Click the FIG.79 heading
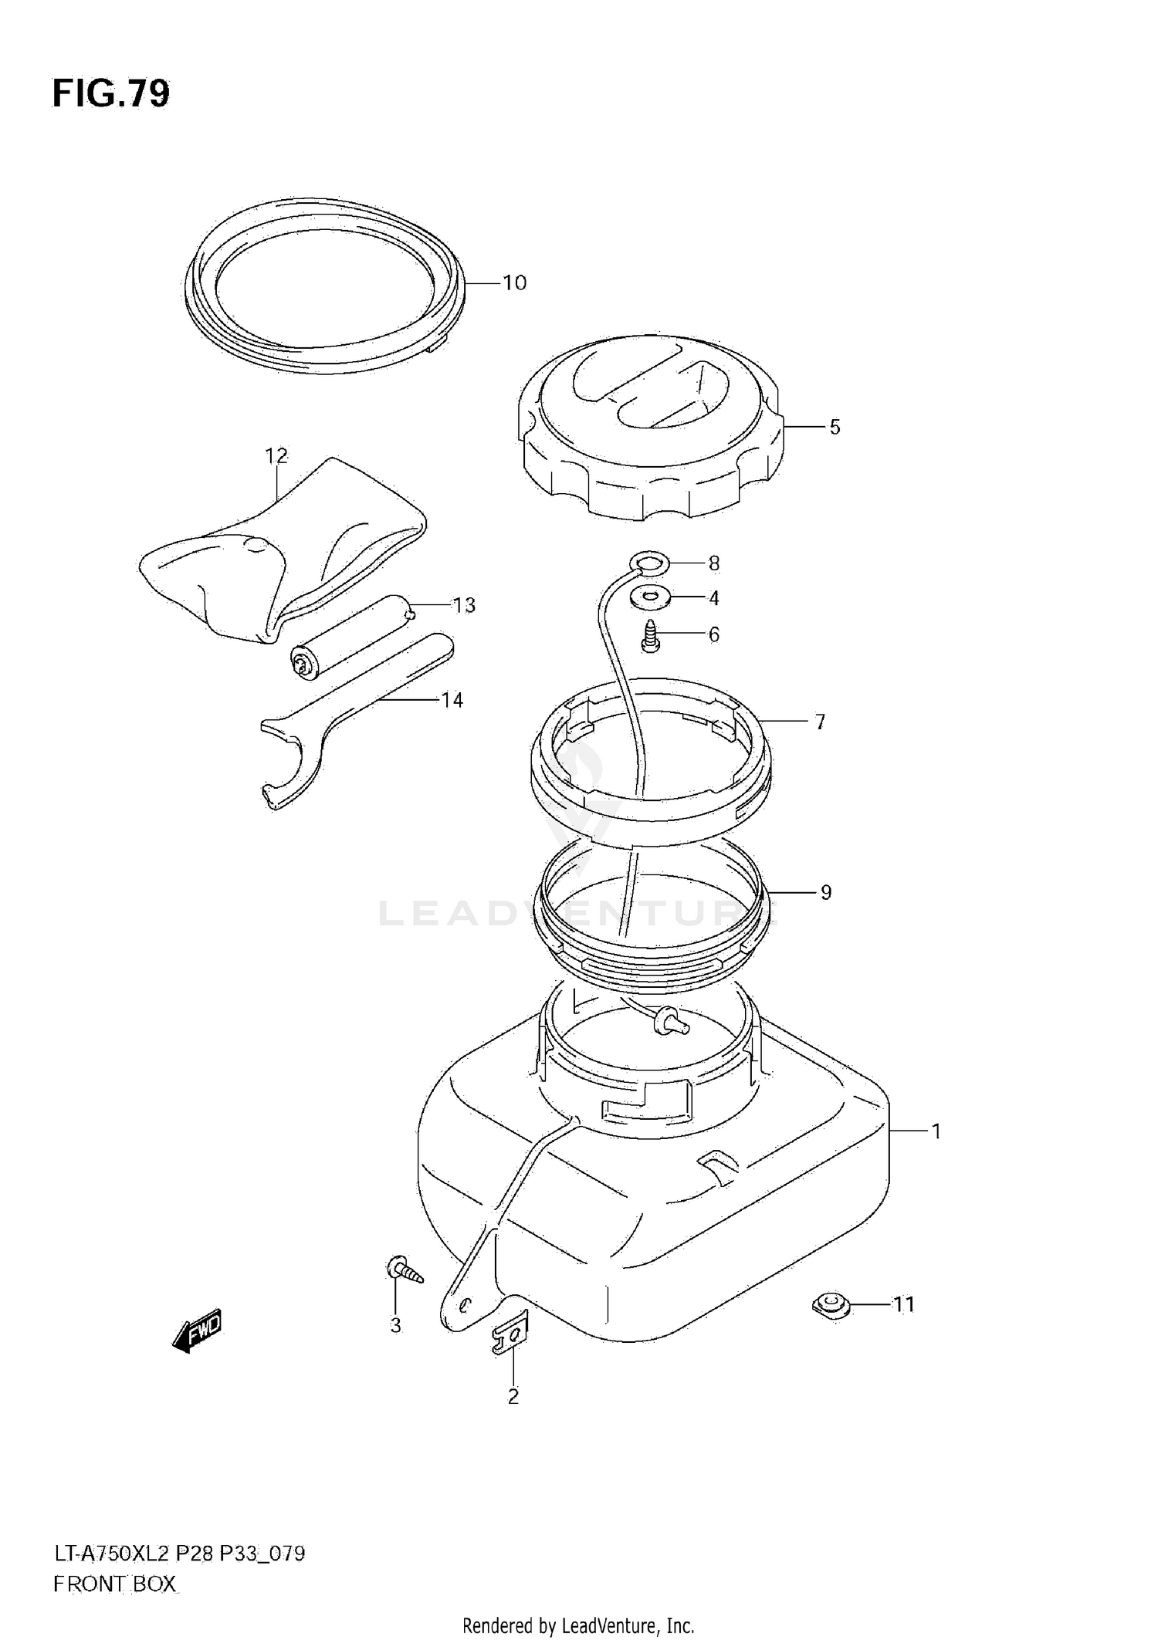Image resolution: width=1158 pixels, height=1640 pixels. click(111, 94)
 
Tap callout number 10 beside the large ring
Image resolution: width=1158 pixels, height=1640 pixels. click(514, 283)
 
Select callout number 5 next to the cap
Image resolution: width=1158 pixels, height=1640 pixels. click(835, 427)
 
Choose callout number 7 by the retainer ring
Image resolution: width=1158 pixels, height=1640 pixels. click(820, 722)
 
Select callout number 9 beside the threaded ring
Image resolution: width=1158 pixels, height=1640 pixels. click(825, 893)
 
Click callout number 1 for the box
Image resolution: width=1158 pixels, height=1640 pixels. click(936, 1132)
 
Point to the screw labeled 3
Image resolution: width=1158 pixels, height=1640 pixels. click(404, 1270)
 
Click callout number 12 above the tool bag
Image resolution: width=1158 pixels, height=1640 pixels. click(276, 456)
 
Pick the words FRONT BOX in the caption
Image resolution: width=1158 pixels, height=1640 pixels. click(114, 1584)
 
